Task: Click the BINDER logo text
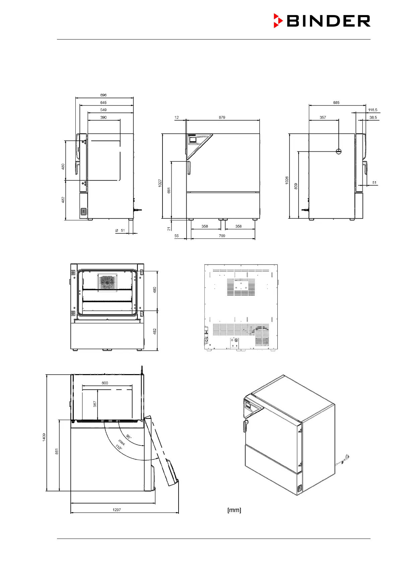click(328, 21)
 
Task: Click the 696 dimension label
click(103, 95)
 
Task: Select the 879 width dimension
click(222, 118)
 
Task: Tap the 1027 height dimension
click(160, 183)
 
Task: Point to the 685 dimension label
click(336, 102)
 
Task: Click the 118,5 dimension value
click(373, 110)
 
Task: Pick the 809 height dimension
click(296, 186)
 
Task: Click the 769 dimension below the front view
click(222, 236)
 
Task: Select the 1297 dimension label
click(117, 510)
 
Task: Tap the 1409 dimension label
click(44, 437)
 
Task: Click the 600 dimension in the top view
click(105, 383)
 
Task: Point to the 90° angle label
click(129, 436)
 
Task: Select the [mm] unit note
click(234, 510)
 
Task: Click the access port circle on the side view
click(338, 151)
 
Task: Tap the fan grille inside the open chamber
click(107, 282)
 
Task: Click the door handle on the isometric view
click(245, 426)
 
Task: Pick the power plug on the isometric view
click(346, 457)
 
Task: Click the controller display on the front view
click(193, 140)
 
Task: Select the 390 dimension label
click(103, 118)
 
